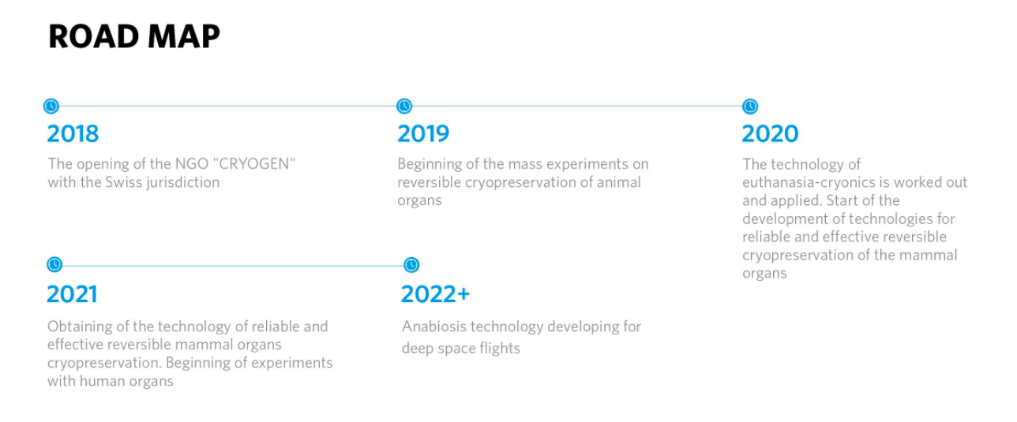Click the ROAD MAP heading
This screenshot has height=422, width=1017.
pyautogui.click(x=134, y=36)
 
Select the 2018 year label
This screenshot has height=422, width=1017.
pyautogui.click(x=73, y=133)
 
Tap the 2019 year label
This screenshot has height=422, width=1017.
pyautogui.click(x=423, y=133)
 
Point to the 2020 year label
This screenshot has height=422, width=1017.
pyautogui.click(x=770, y=133)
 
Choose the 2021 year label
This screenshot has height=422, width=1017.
pyautogui.click(x=72, y=294)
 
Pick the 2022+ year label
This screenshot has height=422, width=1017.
pyautogui.click(x=435, y=294)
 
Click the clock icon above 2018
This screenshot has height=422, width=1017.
pyautogui.click(x=51, y=106)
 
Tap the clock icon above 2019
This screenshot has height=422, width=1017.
pyautogui.click(x=404, y=106)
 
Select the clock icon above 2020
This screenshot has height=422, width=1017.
pyautogui.click(x=750, y=106)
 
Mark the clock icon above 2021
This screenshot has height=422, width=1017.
pyautogui.click(x=54, y=264)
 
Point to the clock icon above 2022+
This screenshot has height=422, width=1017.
pyautogui.click(x=411, y=264)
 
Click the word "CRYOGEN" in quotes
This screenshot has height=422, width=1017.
pyautogui.click(x=257, y=164)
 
